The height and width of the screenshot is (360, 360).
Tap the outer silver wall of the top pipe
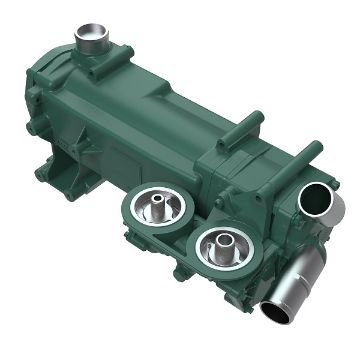(87, 47)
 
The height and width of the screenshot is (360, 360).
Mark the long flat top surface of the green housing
(170, 110)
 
